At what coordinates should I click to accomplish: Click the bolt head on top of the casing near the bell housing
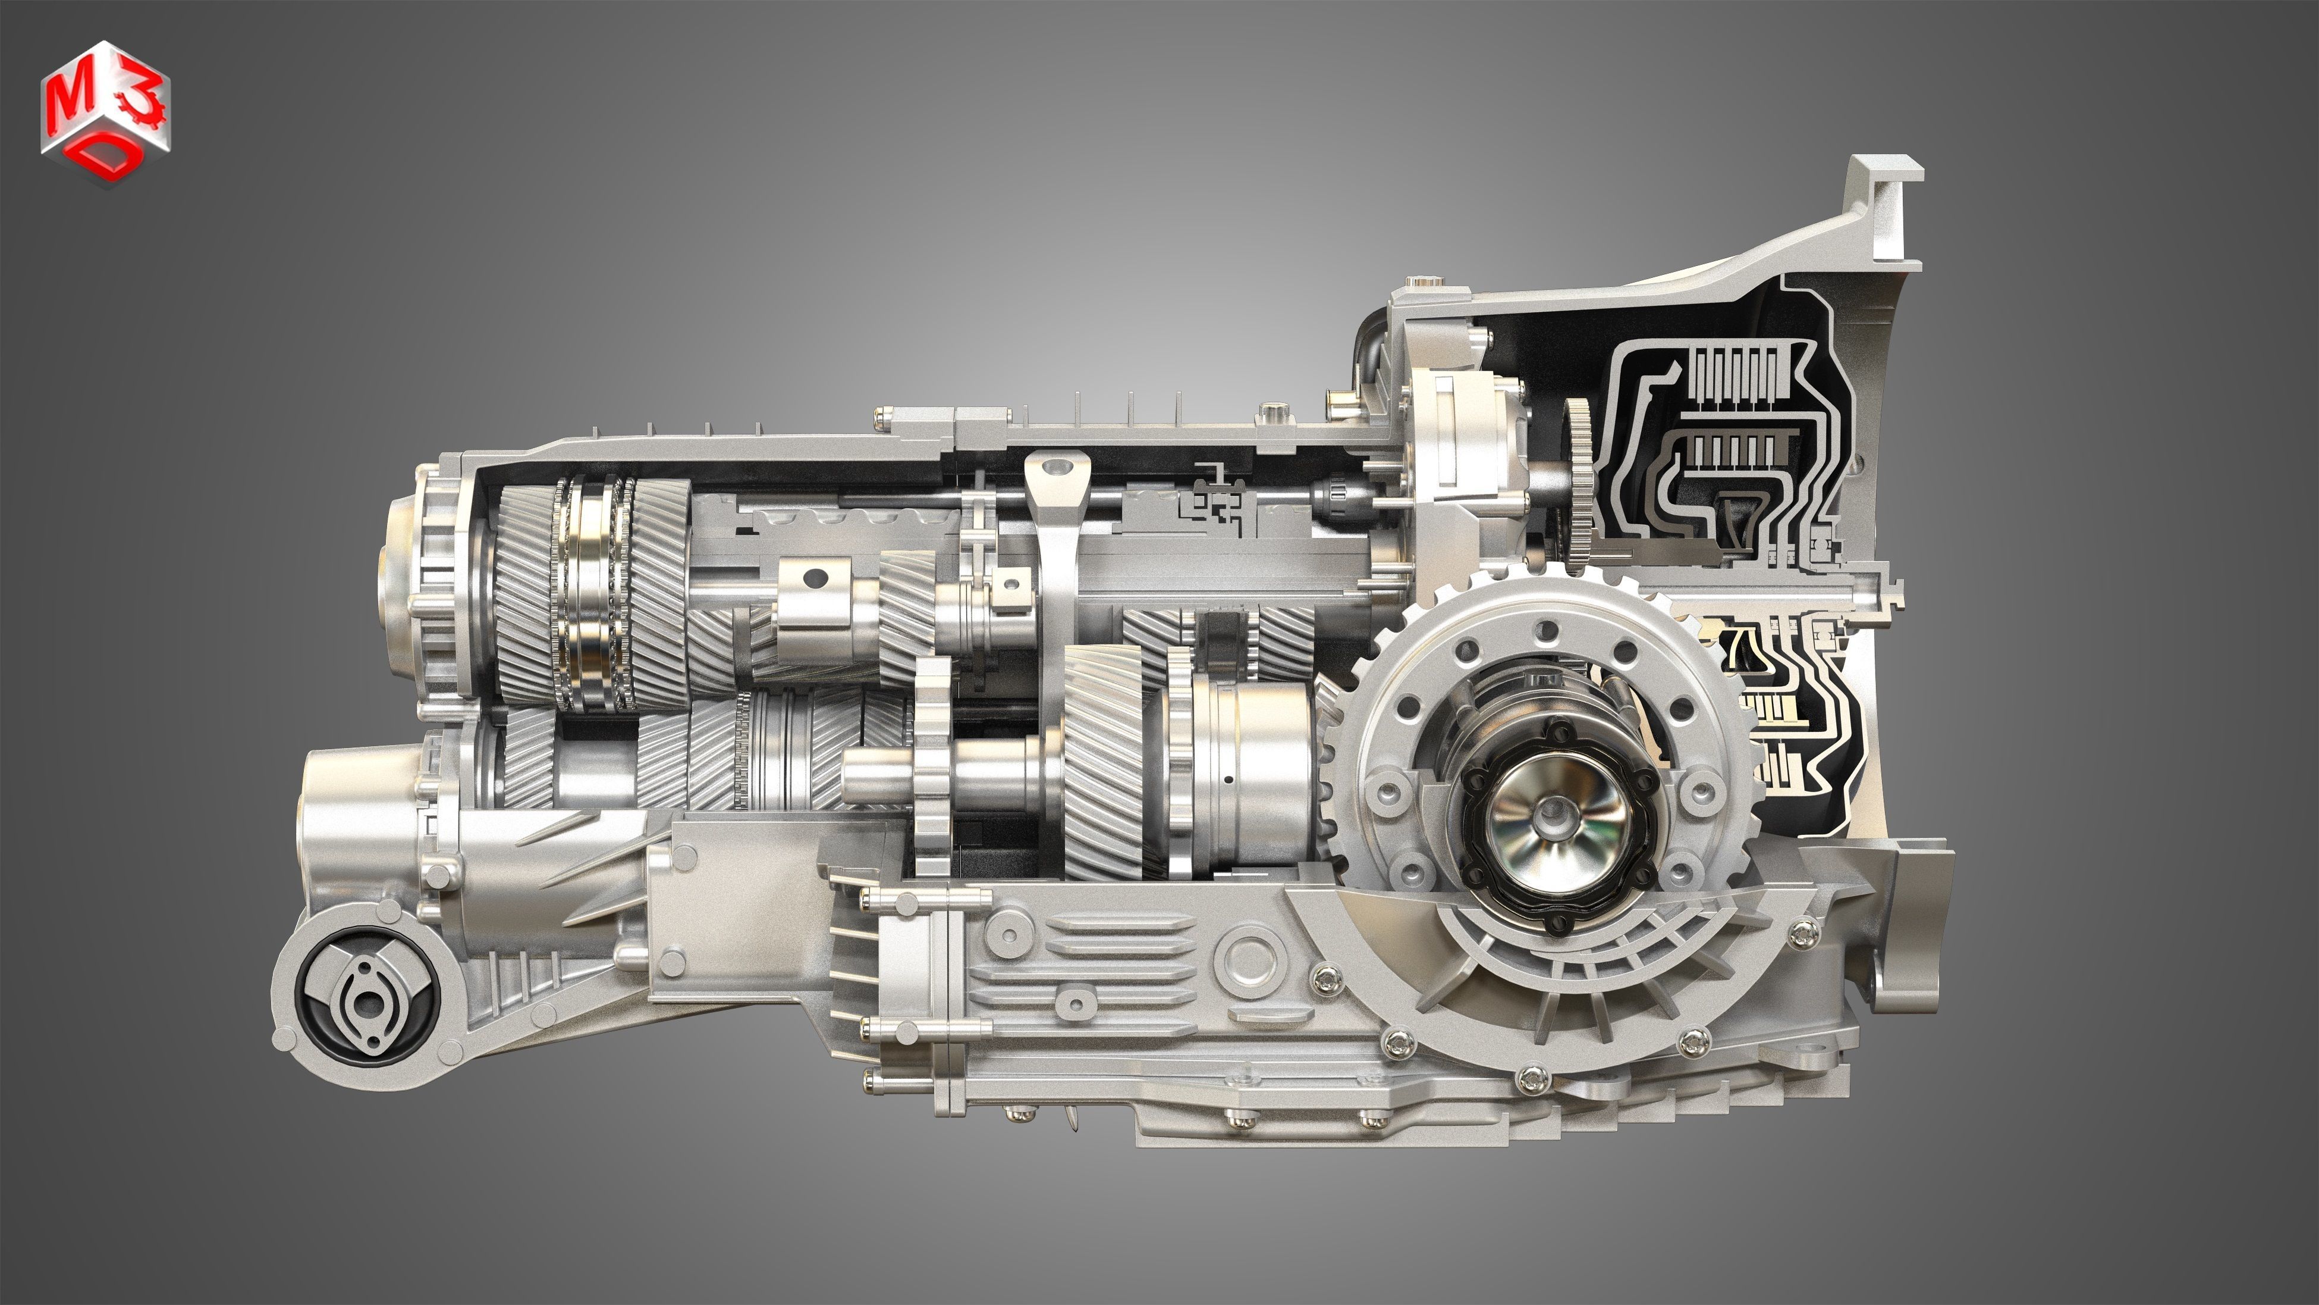(1272, 412)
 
